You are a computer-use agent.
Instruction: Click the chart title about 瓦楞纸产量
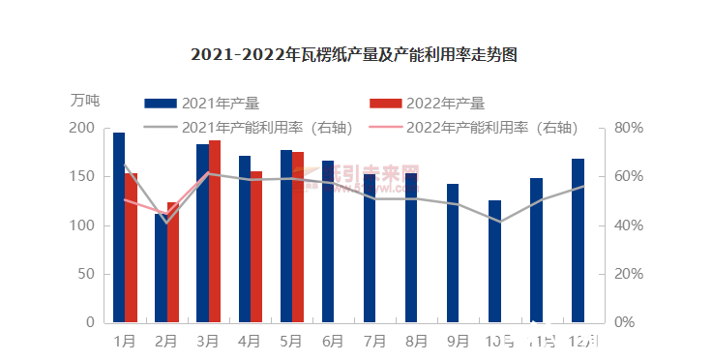click(354, 55)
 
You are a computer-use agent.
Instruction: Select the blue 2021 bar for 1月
click(119, 227)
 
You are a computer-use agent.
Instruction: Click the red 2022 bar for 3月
click(215, 231)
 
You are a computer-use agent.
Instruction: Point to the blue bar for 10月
click(494, 261)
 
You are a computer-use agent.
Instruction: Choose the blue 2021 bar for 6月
click(328, 241)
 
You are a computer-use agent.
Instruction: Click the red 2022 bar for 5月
click(298, 237)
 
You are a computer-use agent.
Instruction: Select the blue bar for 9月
click(453, 253)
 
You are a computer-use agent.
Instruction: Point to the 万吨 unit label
click(84, 100)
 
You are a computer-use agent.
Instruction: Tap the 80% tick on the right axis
click(630, 129)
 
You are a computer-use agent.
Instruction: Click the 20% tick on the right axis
click(630, 274)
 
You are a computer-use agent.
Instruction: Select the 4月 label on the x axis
click(250, 341)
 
